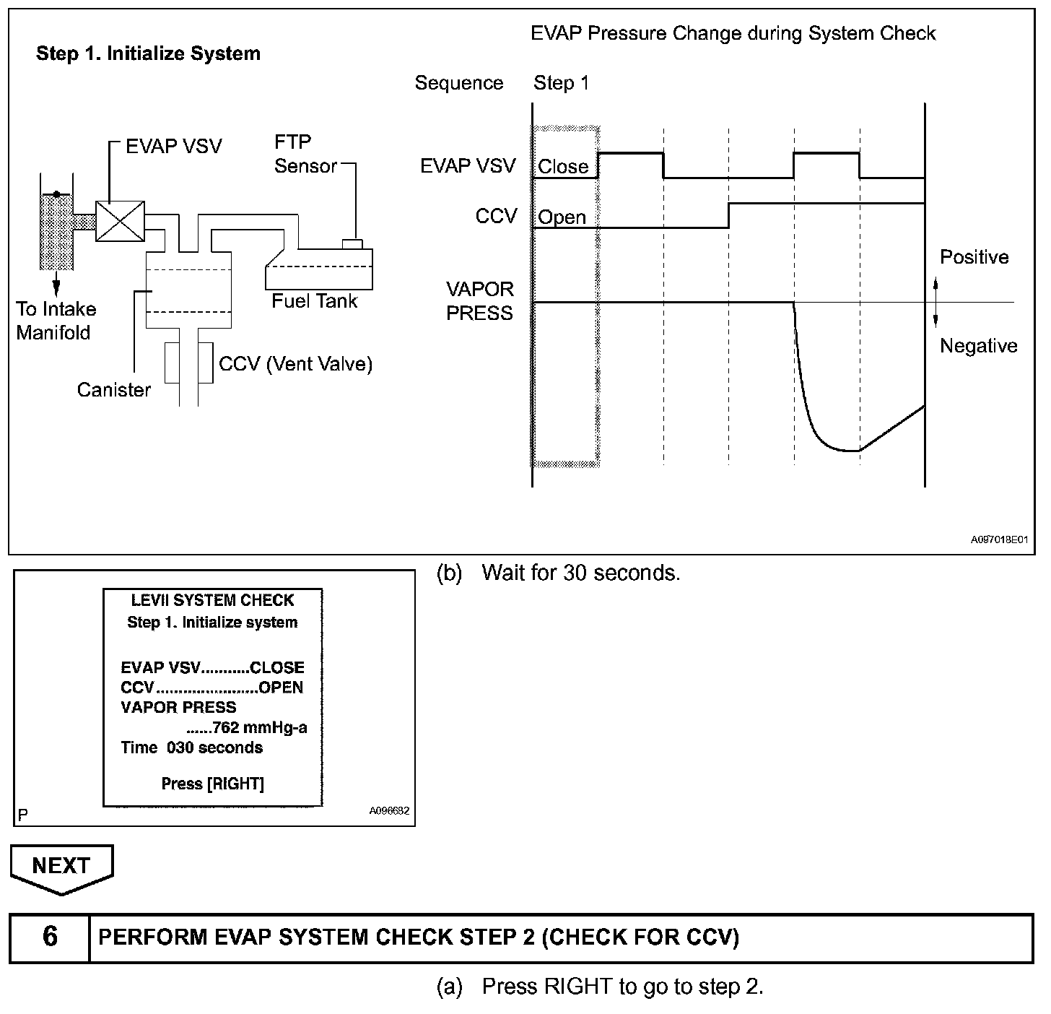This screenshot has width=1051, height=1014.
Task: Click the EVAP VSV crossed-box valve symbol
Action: coord(120,221)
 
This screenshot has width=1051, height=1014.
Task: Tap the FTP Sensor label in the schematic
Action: coord(305,154)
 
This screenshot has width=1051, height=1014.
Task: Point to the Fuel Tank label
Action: coord(314,300)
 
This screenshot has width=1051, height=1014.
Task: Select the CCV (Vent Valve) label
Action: coord(295,363)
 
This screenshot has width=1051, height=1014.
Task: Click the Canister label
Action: coord(114,390)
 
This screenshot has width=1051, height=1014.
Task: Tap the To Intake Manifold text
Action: coord(56,321)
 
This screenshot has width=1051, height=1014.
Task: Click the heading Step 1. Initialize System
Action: coord(148,53)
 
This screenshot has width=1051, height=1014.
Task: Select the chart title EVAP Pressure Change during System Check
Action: coord(733,33)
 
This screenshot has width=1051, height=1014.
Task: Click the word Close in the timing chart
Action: coord(563,167)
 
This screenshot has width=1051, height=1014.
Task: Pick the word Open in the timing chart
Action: coord(562,217)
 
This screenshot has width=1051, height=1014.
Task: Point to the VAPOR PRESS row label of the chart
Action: coord(480,301)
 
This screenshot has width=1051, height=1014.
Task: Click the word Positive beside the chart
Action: coord(974,257)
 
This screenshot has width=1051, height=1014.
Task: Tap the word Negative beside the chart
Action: coord(978,346)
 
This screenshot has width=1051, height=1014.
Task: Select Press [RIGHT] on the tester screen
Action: coord(212,784)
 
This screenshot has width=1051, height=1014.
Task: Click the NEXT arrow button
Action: coord(61,867)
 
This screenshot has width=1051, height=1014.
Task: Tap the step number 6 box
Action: coord(50,937)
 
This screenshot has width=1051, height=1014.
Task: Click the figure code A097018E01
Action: coord(998,539)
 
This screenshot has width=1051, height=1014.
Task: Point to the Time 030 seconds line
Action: coord(191,747)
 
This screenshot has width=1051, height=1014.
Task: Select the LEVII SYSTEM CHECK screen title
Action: coord(212,600)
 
